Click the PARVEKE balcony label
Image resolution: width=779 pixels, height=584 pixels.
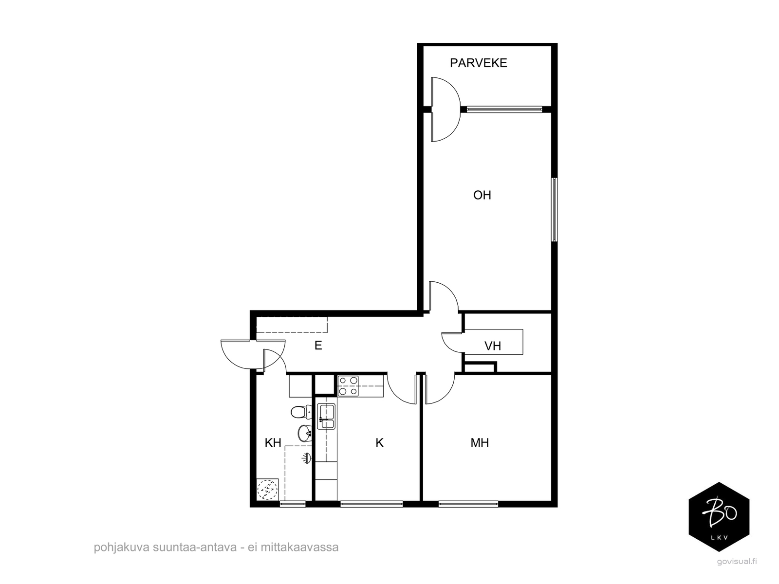[x=478, y=63]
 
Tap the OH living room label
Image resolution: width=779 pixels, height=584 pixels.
[x=482, y=195]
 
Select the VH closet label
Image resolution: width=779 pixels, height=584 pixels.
[x=493, y=346]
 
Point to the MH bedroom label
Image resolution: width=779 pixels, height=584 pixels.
[x=480, y=442]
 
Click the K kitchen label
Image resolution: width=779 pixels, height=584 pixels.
[x=379, y=442]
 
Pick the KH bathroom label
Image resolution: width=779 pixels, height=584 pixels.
[x=273, y=442]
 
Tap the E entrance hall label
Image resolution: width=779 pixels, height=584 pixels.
[x=318, y=346]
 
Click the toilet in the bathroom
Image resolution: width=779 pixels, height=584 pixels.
[x=301, y=412]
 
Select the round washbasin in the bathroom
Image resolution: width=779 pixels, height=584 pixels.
[x=304, y=433]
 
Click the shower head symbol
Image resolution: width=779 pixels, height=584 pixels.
[x=307, y=458]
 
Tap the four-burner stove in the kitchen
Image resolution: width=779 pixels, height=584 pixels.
[x=348, y=386]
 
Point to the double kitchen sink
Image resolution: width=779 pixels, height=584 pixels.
[x=326, y=416]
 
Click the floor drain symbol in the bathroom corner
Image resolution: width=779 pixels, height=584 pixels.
[x=267, y=489]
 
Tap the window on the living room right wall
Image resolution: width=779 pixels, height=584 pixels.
[x=554, y=210]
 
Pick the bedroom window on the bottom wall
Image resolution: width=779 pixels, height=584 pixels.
[x=468, y=504]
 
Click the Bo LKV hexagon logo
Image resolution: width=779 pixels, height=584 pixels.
[x=719, y=517]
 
